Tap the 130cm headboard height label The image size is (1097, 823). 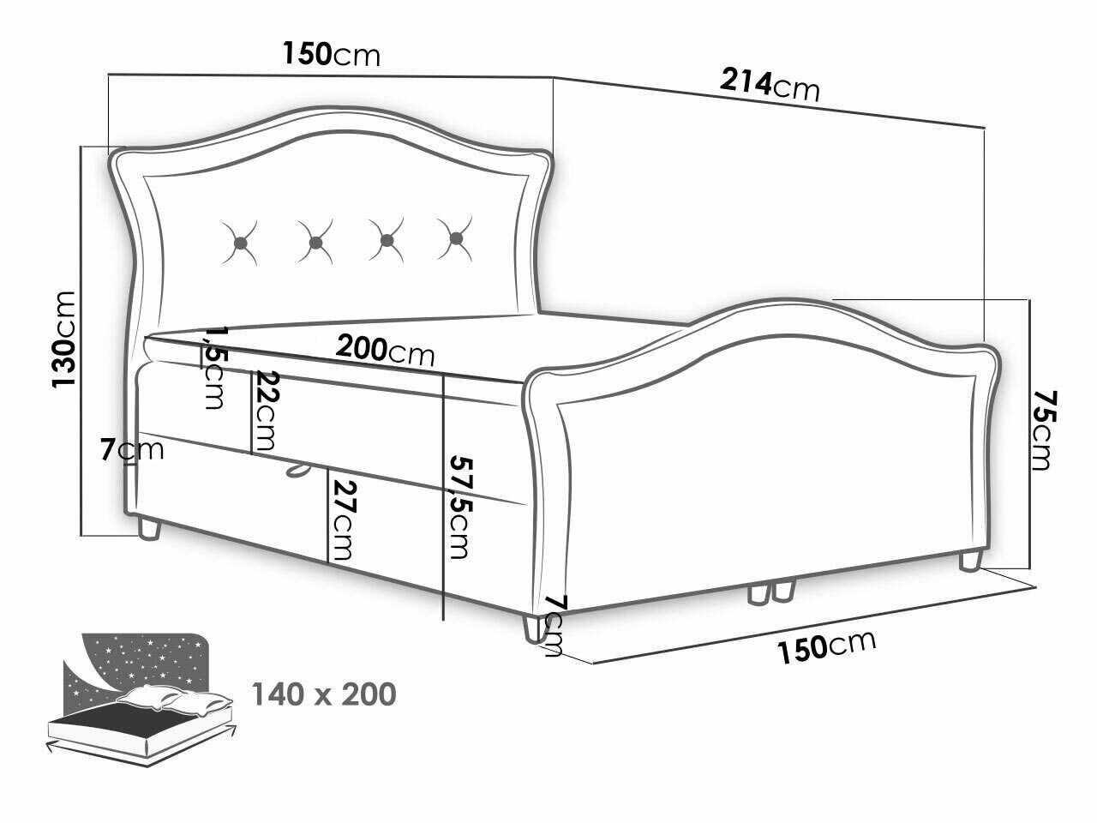point(64,339)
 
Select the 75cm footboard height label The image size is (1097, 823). point(1044,430)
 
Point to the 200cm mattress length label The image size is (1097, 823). point(385,350)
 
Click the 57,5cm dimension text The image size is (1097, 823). point(459,507)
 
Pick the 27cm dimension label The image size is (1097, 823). point(343,520)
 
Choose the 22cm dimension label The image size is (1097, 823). point(266,411)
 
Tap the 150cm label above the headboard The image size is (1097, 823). point(332,53)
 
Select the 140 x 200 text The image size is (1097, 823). point(324,694)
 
